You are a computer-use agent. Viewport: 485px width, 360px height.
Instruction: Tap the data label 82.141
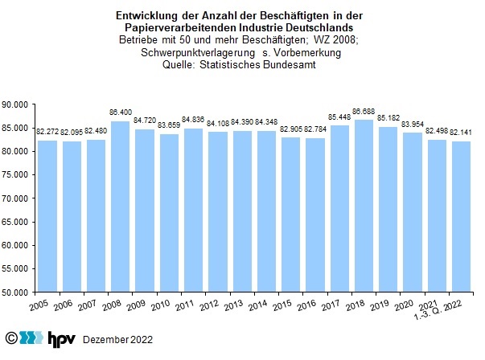click(459, 133)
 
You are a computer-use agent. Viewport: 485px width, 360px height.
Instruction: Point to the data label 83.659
click(168, 125)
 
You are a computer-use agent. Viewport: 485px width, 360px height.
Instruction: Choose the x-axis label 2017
click(331, 307)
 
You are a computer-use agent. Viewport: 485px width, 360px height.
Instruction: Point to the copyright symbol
click(11, 339)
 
